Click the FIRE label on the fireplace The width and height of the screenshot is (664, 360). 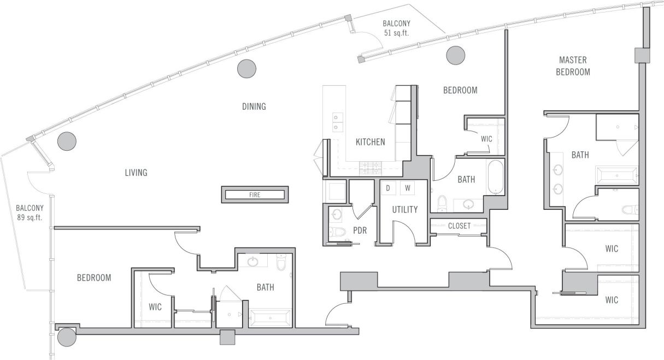point(254,194)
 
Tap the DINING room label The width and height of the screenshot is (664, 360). point(254,107)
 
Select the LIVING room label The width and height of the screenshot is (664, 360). point(136,173)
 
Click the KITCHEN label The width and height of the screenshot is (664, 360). point(370,142)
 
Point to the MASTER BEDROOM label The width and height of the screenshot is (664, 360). point(573,66)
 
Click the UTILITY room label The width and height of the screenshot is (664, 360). point(405,209)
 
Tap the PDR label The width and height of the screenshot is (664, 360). point(360,230)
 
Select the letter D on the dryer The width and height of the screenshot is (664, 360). point(388,188)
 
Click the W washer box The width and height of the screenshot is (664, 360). point(407,188)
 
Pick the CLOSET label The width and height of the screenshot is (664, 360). point(459,226)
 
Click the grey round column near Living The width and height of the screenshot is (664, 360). point(66,141)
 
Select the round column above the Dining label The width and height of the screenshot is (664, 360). point(246,68)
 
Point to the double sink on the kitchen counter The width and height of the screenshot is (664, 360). point(338,122)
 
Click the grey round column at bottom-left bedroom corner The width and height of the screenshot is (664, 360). point(67,337)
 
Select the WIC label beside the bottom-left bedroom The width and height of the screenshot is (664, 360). point(155,306)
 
